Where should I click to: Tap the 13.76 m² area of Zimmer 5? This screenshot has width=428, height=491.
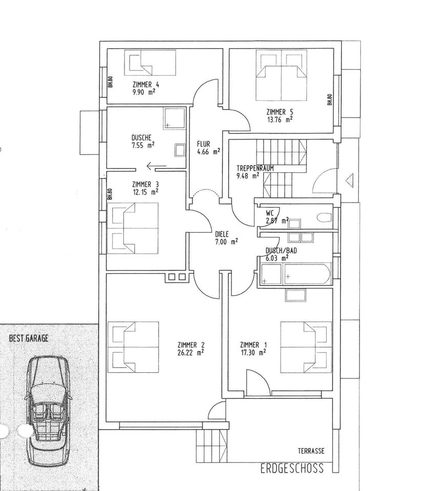point(279,120)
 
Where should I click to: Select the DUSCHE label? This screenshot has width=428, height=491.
point(141,137)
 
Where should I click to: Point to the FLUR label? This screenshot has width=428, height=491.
point(203,144)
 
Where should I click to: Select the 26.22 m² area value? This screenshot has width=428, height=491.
point(191,352)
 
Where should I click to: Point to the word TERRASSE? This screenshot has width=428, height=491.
point(311,451)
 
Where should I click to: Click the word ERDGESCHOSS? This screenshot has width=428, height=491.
point(292,468)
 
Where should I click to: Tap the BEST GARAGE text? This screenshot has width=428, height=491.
point(29,338)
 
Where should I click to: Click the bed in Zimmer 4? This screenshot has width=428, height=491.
point(152,62)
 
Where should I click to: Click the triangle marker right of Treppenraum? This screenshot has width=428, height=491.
point(350,180)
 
